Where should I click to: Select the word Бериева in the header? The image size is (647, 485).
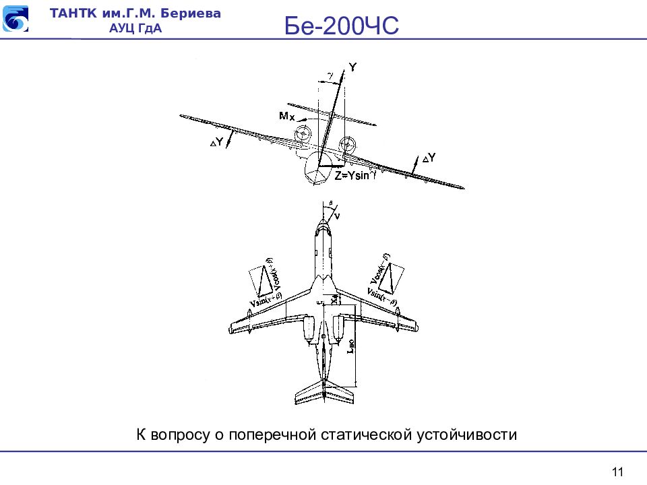[193, 13]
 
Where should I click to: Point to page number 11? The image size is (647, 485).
[618, 471]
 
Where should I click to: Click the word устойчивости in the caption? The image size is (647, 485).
[466, 434]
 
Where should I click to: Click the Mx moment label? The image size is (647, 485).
[286, 117]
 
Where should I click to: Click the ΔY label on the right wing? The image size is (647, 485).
[429, 158]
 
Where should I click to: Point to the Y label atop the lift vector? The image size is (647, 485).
[352, 67]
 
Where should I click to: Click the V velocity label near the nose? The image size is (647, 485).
[337, 215]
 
